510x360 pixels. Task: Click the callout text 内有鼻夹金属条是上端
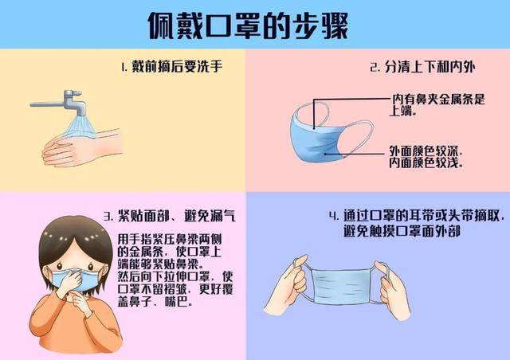pos(437,105)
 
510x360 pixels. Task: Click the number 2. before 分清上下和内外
pos(374,68)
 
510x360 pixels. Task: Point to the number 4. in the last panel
pos(334,216)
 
